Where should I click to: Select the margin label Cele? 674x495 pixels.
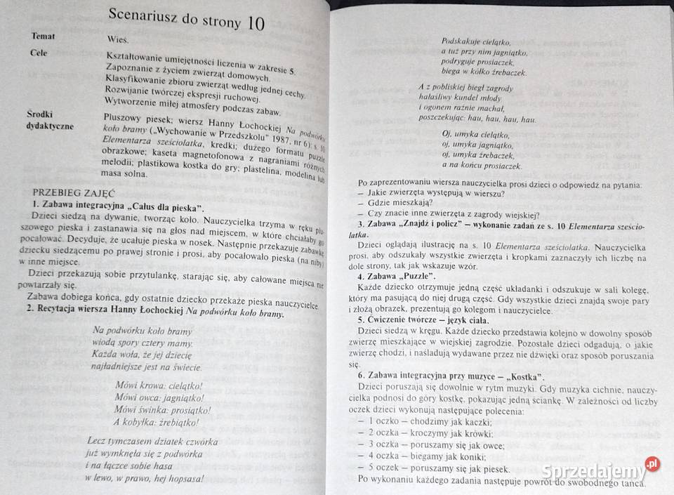click(x=39, y=53)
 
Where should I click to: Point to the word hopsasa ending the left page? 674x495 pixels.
click(x=184, y=479)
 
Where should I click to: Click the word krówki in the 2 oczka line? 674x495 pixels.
click(x=485, y=433)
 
